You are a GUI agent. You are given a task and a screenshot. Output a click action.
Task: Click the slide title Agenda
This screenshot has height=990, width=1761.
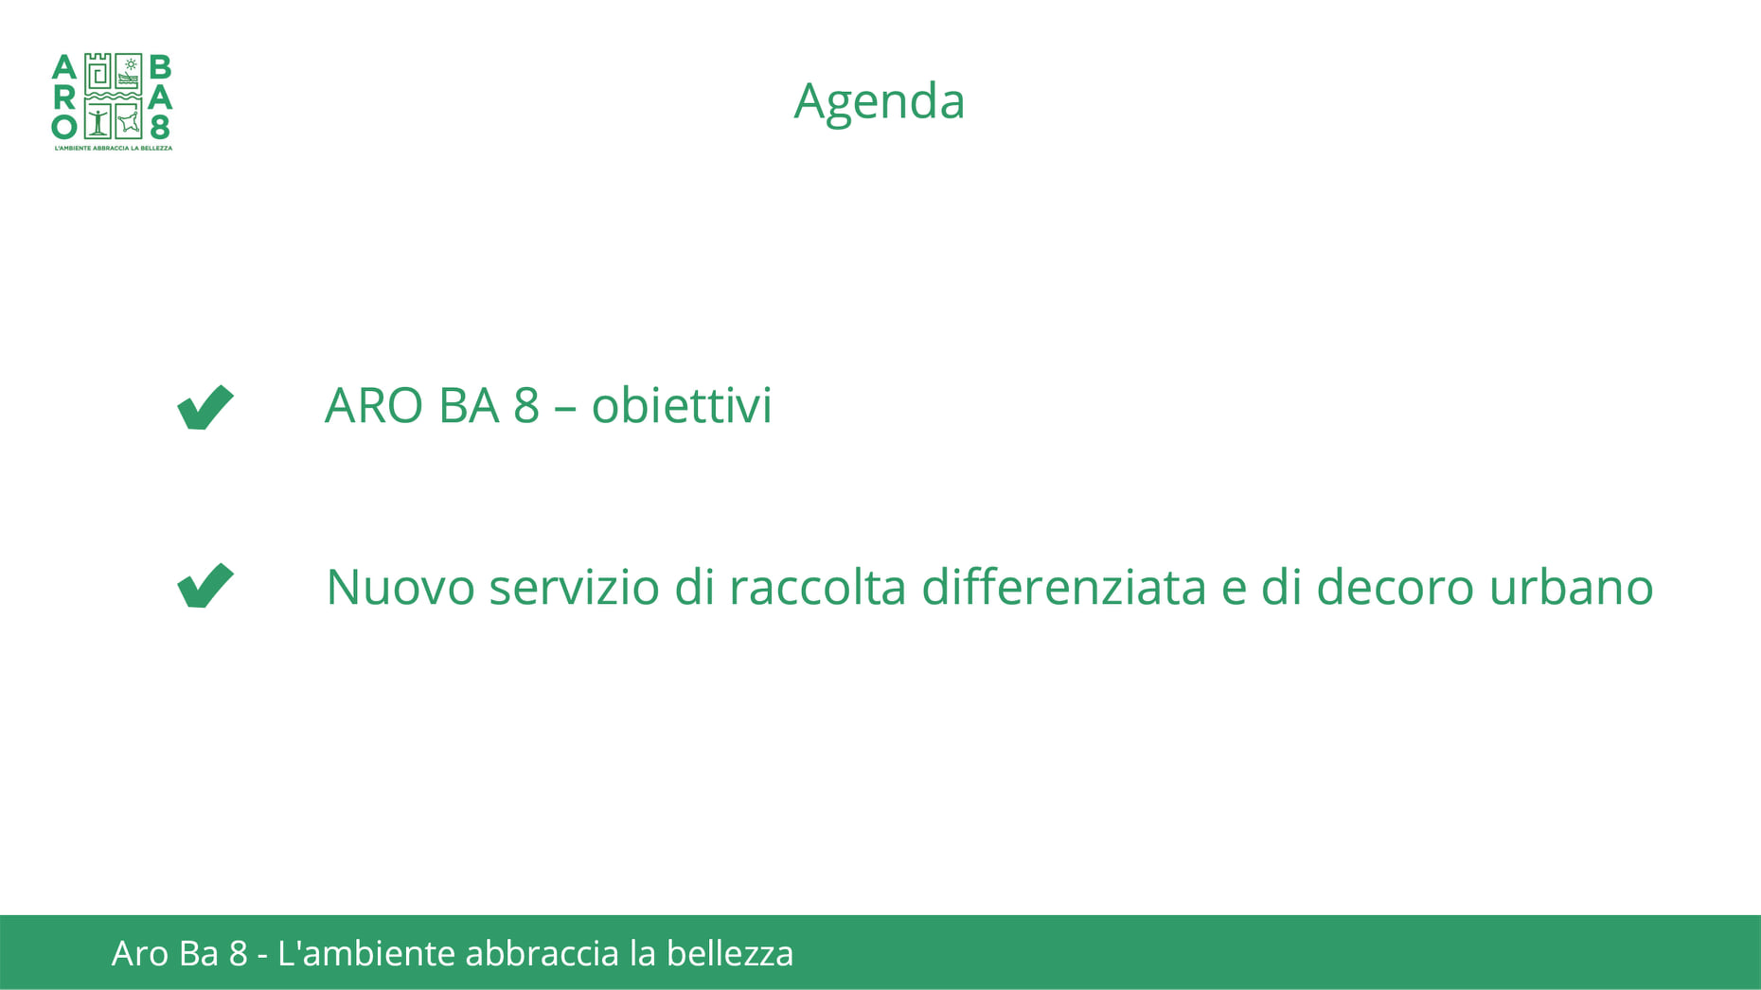point(879,102)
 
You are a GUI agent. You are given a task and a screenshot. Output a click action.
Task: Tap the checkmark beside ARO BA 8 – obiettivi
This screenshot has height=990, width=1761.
point(205,408)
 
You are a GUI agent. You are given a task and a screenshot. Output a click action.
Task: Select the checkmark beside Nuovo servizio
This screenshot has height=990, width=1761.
point(205,586)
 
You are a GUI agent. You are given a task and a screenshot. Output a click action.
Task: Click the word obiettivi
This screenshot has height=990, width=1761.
point(682,405)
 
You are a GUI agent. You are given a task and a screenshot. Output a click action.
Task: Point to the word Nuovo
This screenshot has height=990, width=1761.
point(400,587)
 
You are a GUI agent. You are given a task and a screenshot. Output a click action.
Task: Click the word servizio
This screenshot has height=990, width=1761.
point(575,587)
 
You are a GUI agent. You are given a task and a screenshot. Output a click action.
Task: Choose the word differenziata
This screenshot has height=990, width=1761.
point(1064,587)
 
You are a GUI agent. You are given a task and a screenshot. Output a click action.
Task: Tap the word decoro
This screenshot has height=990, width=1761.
point(1396,587)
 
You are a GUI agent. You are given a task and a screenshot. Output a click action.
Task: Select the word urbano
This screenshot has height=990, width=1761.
point(1572,587)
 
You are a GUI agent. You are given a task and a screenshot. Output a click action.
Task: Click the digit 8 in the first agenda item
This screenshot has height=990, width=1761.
point(526,405)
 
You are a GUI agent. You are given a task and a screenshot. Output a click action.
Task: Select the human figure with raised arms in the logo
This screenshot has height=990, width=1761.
point(98,121)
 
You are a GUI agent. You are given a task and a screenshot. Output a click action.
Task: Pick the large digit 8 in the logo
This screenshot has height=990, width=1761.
point(160,127)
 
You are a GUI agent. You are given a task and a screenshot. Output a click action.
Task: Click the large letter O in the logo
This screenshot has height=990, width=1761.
point(63,127)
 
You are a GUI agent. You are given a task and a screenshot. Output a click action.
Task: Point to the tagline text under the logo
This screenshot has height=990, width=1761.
point(113,148)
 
